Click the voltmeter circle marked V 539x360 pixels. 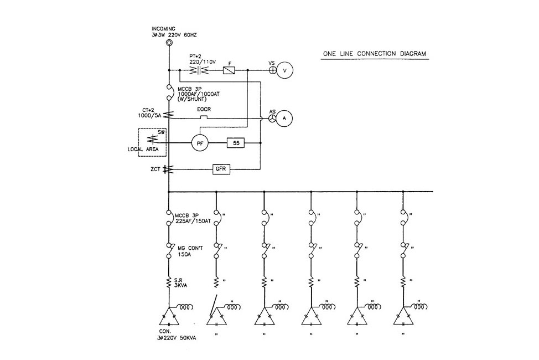(284, 71)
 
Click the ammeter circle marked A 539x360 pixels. (284, 119)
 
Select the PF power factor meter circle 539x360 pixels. (200, 143)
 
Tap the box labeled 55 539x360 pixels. (236, 143)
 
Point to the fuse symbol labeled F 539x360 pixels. (230, 70)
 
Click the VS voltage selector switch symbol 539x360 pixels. (272, 70)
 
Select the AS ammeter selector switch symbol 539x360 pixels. (272, 118)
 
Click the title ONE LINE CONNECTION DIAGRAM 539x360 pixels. (375, 54)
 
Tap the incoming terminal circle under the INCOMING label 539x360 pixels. (169, 42)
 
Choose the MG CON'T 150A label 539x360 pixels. (189, 251)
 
